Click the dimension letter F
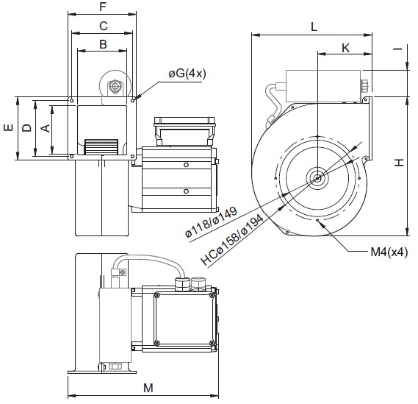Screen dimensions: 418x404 [103, 7]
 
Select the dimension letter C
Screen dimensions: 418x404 [103, 26]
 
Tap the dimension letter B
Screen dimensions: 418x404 [103, 44]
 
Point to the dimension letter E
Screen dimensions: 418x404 [9, 127]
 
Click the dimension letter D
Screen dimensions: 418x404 [26, 128]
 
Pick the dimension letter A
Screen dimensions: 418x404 [46, 128]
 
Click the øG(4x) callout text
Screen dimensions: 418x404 [187, 74]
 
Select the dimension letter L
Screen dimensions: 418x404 [314, 26]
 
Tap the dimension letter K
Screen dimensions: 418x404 [345, 49]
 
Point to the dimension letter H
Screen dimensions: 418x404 [399, 162]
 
